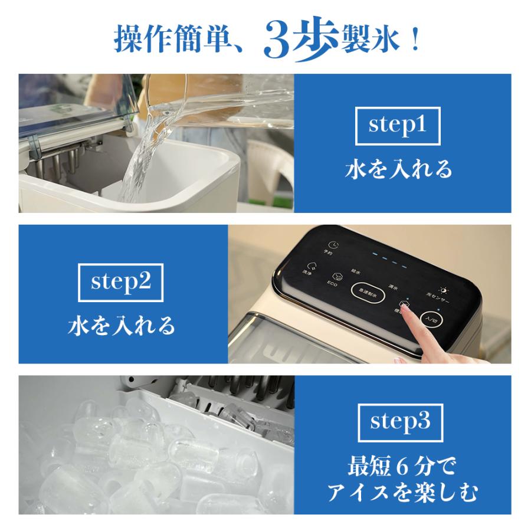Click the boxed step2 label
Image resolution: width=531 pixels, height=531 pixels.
pos(121,281)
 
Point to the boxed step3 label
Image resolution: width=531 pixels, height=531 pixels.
pos(398,422)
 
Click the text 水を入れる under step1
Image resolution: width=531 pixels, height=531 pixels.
pos(398,169)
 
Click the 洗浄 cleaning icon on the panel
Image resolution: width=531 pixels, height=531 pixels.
pos(311,266)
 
